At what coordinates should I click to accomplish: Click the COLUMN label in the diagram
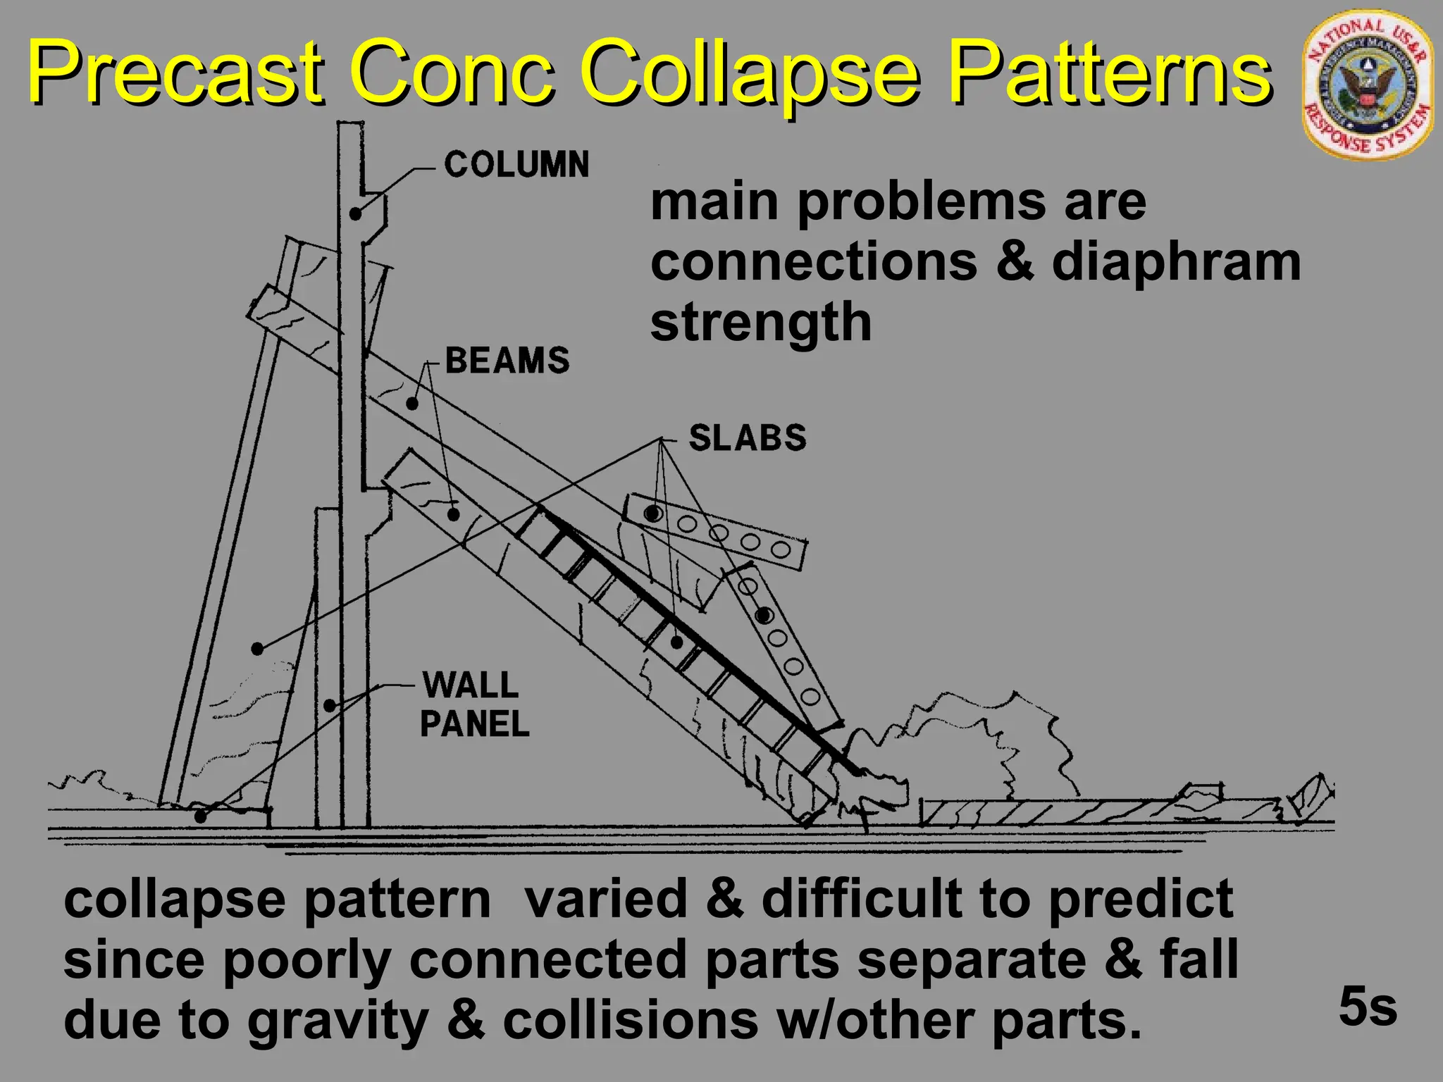(516, 165)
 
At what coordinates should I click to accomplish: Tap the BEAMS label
(507, 360)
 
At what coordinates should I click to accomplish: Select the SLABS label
(748, 437)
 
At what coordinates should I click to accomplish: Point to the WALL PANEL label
(473, 704)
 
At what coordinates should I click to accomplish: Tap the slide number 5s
(1368, 1007)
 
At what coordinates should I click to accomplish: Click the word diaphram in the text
(1176, 262)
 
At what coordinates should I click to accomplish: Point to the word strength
(761, 322)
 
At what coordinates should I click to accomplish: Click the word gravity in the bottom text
(338, 1021)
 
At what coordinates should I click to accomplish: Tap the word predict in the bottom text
(1141, 899)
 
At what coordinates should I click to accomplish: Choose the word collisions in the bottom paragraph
(631, 1021)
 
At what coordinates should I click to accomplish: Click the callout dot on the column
(356, 213)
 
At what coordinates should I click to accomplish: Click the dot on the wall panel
(329, 704)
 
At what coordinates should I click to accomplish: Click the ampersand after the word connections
(1015, 262)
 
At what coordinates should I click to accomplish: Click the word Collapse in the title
(750, 73)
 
